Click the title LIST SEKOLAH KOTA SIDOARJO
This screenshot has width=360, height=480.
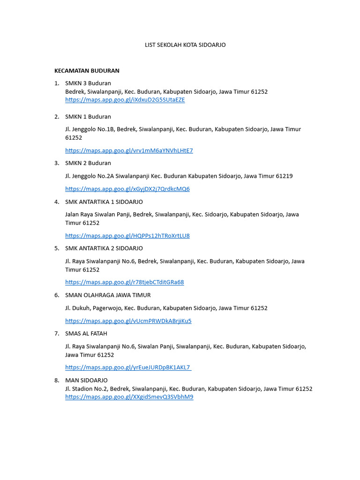(x=184, y=45)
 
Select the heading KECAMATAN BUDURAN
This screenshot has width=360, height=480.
(x=87, y=71)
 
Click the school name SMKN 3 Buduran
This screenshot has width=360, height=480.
(x=88, y=83)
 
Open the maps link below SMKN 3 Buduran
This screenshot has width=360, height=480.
(x=125, y=100)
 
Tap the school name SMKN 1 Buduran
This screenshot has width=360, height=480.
(x=88, y=117)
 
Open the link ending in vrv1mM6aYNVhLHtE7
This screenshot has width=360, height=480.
(x=129, y=150)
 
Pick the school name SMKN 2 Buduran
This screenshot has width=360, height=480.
(x=88, y=163)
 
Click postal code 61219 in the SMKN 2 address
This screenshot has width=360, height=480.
(x=284, y=176)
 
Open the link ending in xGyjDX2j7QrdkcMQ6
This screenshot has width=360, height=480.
(x=127, y=189)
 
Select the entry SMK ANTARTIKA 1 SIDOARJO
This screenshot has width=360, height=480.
(x=104, y=202)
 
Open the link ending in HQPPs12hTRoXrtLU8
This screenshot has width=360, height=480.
(x=127, y=236)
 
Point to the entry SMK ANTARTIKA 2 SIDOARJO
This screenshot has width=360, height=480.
(x=104, y=248)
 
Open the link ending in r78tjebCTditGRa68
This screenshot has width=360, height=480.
(x=124, y=282)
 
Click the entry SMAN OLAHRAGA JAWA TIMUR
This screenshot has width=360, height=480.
(x=108, y=295)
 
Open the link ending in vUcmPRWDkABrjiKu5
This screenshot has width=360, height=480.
(x=128, y=321)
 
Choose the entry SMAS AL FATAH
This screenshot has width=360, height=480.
(x=86, y=334)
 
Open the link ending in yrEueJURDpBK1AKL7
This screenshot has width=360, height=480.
(x=127, y=367)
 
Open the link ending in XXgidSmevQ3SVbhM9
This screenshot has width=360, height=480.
(x=129, y=397)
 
